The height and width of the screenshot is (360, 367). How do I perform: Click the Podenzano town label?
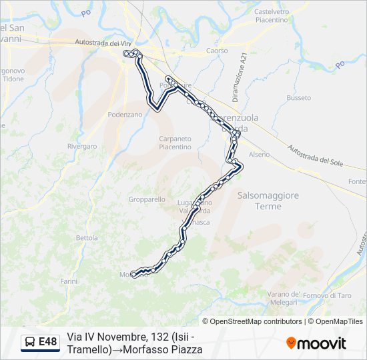tap(125, 115)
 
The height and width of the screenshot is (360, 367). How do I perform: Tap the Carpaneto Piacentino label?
tap(175, 143)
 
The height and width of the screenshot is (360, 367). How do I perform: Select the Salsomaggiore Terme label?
tap(268, 201)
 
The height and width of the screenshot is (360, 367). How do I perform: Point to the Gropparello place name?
tap(147, 199)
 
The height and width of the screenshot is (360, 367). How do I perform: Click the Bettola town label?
tap(87, 237)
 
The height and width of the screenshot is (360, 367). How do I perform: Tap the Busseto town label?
tap(298, 98)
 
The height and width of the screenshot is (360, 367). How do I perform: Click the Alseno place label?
tap(259, 155)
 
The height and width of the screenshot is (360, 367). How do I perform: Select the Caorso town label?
tap(217, 51)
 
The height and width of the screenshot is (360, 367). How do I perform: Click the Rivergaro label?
tap(82, 146)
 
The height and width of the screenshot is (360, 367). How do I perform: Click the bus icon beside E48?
tap(30, 343)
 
